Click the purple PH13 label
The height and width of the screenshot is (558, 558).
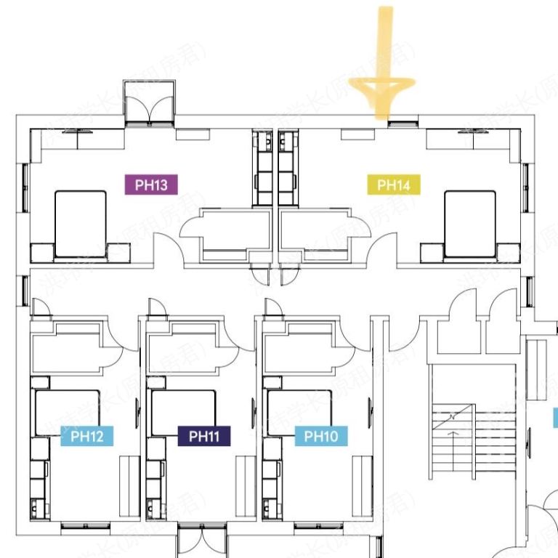tap(151, 185)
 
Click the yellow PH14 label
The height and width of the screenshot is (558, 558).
tap(394, 185)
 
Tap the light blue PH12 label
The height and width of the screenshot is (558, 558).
tap(86, 437)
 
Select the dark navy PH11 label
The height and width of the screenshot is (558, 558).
tap(204, 436)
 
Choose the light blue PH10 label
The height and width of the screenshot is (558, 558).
tap(321, 436)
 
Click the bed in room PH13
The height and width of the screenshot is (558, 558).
tap(81, 223)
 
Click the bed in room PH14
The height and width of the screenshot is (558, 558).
tap(469, 223)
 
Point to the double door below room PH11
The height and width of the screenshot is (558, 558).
tap(200, 544)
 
